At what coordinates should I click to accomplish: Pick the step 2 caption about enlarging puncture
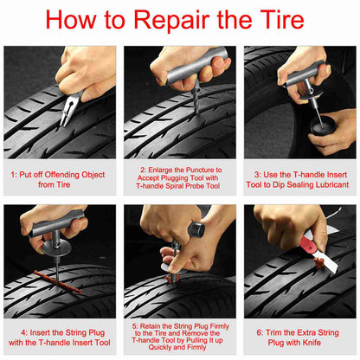pos(179,179)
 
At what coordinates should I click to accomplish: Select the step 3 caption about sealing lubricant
pos(299,179)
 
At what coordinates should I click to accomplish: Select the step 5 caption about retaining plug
pos(179,336)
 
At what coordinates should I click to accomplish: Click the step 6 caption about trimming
pos(299,336)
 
